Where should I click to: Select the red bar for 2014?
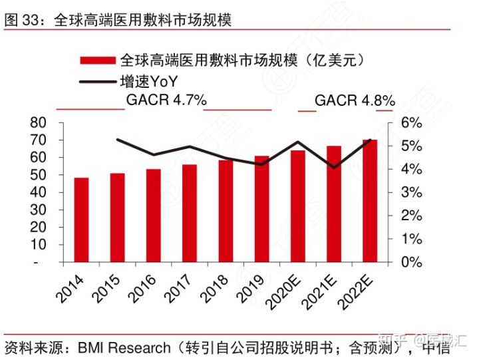click(x=81, y=220)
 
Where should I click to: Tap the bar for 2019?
click(x=262, y=209)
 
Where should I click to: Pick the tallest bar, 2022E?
click(x=370, y=200)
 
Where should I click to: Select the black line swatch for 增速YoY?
click(x=98, y=83)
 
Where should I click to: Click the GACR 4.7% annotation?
click(x=166, y=101)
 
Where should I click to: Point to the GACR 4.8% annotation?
click(x=355, y=101)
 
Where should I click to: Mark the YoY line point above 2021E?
click(x=335, y=167)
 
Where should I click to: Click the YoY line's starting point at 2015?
click(x=117, y=140)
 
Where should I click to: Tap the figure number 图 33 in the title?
click(x=19, y=20)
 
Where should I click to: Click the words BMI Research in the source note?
click(x=124, y=347)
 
